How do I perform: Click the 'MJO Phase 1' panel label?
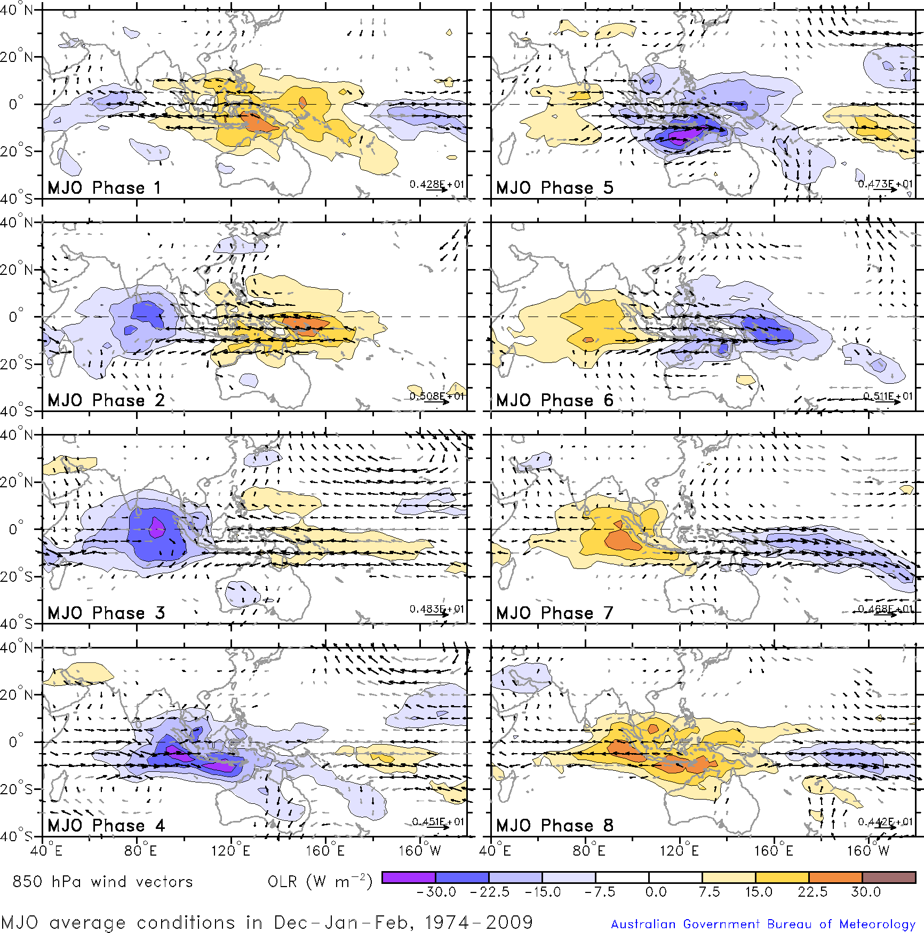click(x=103, y=188)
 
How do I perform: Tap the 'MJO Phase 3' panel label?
click(x=106, y=613)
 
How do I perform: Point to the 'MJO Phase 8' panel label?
click(x=554, y=825)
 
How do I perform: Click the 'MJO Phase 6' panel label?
click(x=554, y=400)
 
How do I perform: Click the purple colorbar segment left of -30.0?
click(x=409, y=877)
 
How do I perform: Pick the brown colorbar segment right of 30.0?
click(x=889, y=877)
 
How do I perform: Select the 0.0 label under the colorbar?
click(x=656, y=892)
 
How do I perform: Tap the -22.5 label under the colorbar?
click(x=489, y=892)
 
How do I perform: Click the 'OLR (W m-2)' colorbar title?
click(x=320, y=881)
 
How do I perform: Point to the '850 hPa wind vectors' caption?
click(x=102, y=881)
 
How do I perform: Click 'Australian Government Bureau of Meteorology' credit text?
click(x=763, y=924)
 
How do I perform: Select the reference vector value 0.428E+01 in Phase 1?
click(x=436, y=184)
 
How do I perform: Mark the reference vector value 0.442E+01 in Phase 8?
click(x=885, y=821)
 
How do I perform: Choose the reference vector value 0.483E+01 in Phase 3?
click(x=436, y=609)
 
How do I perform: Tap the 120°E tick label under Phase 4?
click(x=230, y=850)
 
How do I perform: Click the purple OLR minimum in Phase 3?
click(x=157, y=527)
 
